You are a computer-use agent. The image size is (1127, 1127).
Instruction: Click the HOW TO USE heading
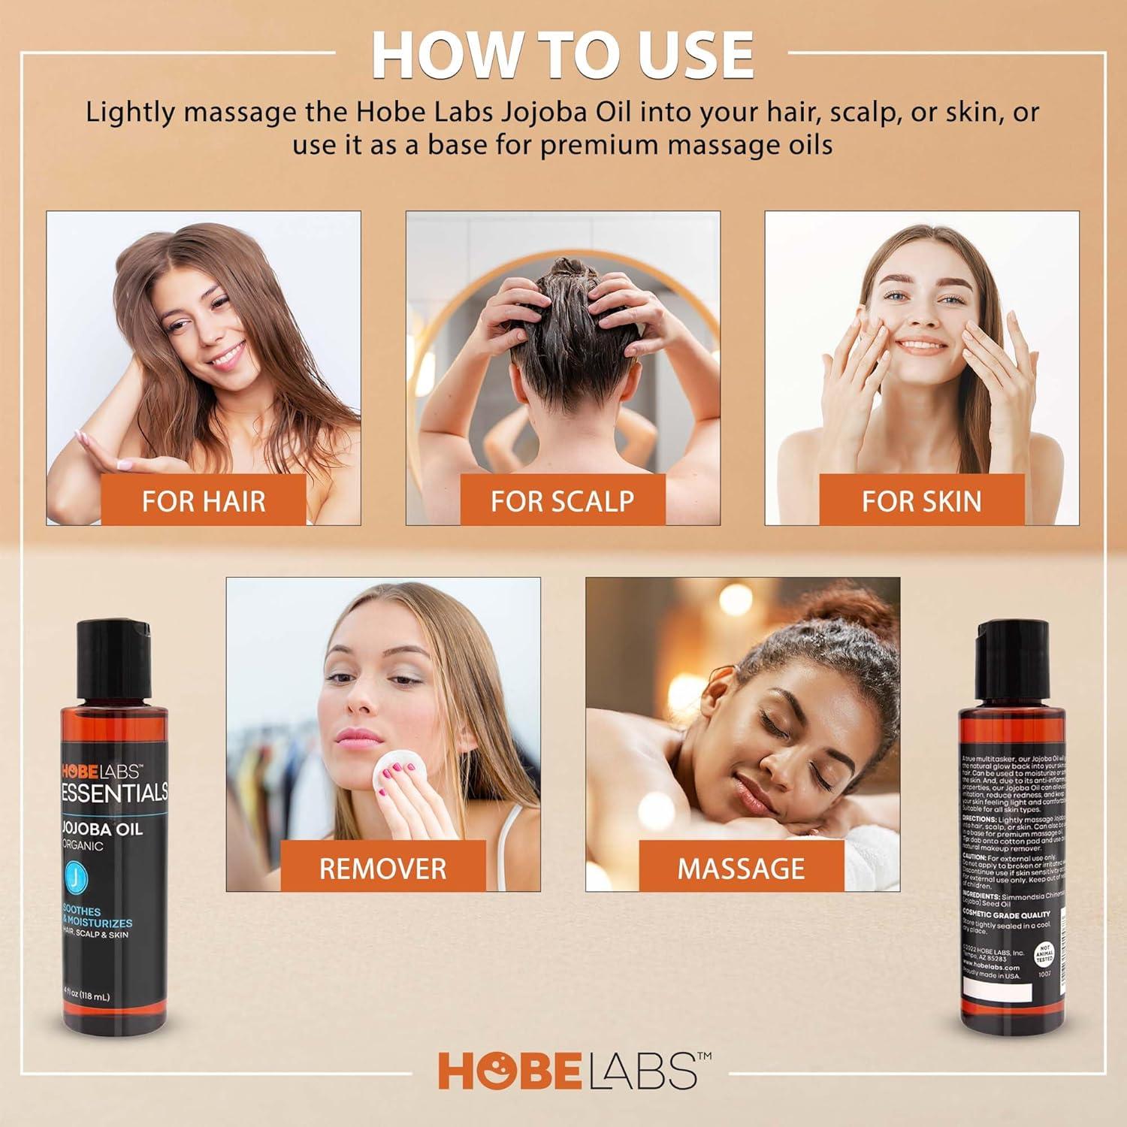[x=563, y=54]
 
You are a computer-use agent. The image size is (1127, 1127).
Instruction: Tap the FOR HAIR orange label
[x=204, y=500]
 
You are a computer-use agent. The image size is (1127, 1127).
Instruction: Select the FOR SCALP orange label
[x=562, y=500]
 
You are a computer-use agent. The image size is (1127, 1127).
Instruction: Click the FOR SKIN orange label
[x=921, y=500]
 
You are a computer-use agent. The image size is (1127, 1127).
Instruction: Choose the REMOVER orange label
[x=382, y=868]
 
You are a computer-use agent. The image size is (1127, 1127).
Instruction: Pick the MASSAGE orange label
[x=741, y=868]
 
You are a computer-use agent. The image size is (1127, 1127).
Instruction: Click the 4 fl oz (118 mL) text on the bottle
[x=85, y=997]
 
